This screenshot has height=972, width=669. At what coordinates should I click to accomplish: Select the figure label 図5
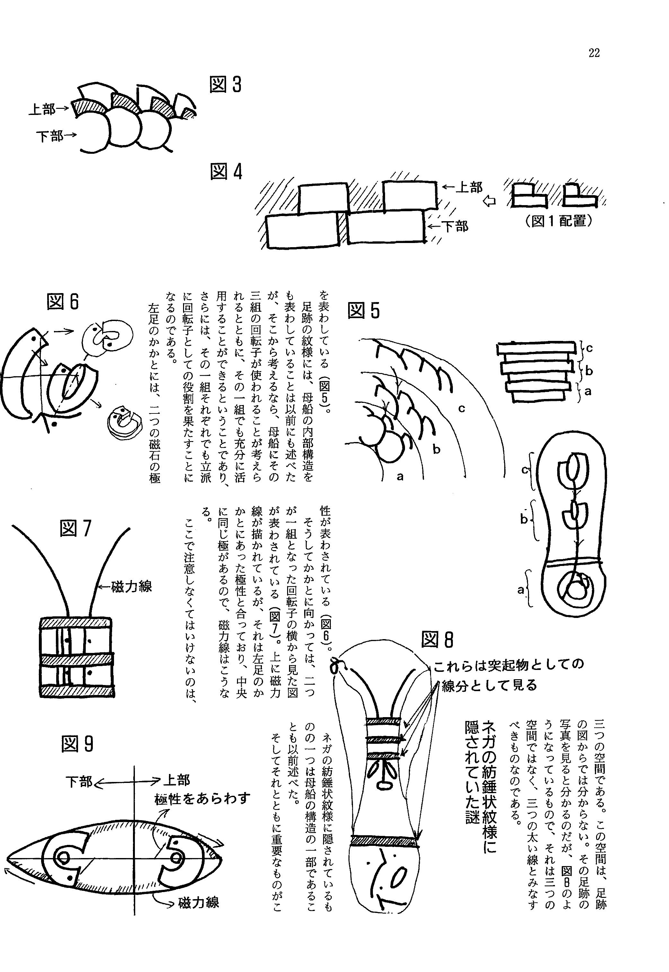tap(364, 311)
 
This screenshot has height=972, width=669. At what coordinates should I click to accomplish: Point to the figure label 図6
tap(63, 301)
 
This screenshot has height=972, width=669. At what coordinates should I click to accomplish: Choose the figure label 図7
tap(75, 528)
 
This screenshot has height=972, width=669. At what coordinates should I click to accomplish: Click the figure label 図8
tap(437, 640)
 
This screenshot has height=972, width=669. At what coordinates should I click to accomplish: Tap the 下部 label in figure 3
tap(49, 136)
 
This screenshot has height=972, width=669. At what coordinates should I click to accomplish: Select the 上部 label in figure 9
tap(176, 780)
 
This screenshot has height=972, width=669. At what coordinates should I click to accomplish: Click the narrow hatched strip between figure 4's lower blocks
tap(343, 228)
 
